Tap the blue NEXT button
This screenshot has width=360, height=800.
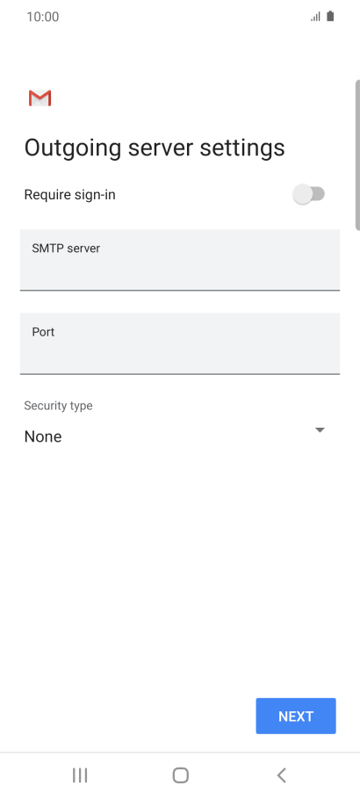tap(296, 716)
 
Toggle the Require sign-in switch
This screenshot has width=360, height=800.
tap(309, 194)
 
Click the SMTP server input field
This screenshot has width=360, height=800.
tap(180, 260)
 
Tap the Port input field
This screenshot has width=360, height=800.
tap(180, 343)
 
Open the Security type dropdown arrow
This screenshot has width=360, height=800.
tap(320, 430)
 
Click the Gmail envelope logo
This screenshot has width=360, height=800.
tap(40, 98)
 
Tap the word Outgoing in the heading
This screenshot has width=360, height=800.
tap(73, 148)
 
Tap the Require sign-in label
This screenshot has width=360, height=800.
tap(70, 195)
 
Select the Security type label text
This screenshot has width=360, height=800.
tap(58, 406)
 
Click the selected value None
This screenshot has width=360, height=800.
tap(43, 436)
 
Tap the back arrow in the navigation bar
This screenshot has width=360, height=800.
tap(281, 775)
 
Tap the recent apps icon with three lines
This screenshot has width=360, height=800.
tap(80, 775)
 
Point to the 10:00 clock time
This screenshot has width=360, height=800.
tap(43, 17)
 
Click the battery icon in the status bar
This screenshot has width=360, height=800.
tap(330, 17)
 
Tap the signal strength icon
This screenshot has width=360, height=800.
tap(315, 17)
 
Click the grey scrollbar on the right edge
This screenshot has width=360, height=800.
tap(357, 155)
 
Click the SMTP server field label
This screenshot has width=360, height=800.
tap(66, 249)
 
